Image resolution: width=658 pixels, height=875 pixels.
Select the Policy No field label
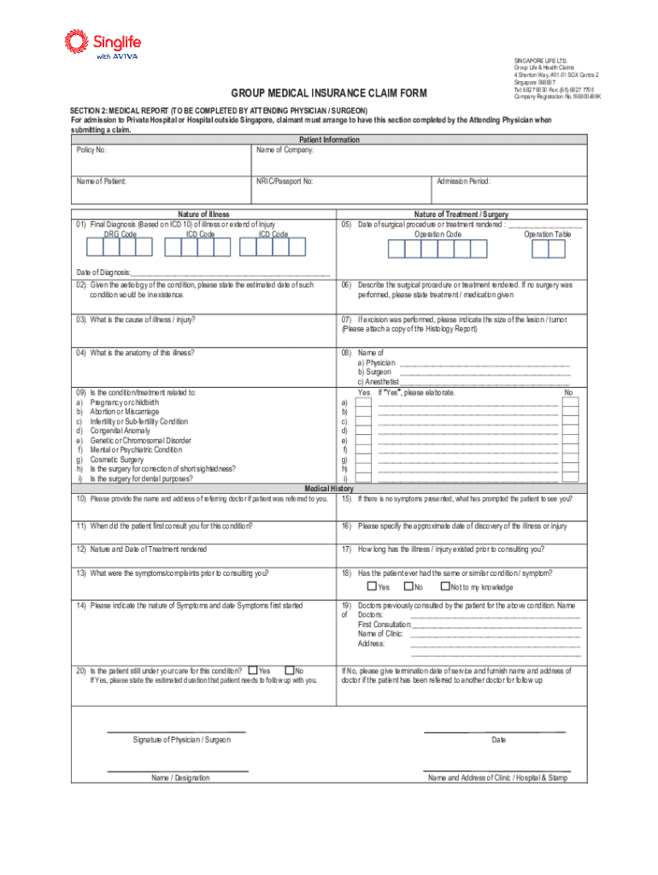(91, 150)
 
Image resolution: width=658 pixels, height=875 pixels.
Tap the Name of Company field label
(285, 150)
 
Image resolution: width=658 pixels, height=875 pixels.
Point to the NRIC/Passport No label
(285, 181)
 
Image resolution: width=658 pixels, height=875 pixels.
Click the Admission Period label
(463, 181)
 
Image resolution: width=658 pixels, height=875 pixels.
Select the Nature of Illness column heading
(203, 214)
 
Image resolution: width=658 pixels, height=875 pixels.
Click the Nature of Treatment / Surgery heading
(461, 214)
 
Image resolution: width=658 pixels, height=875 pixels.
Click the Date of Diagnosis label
(103, 272)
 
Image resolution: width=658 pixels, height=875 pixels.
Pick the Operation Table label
(548, 234)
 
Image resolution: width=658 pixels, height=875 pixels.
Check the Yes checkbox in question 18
(372, 586)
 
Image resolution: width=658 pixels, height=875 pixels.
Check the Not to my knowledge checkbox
(445, 586)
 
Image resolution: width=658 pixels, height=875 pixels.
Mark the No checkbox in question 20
(289, 670)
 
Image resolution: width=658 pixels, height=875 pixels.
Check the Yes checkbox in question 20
(252, 670)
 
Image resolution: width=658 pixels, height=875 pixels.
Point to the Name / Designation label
(180, 778)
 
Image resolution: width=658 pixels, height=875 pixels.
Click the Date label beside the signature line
(498, 739)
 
